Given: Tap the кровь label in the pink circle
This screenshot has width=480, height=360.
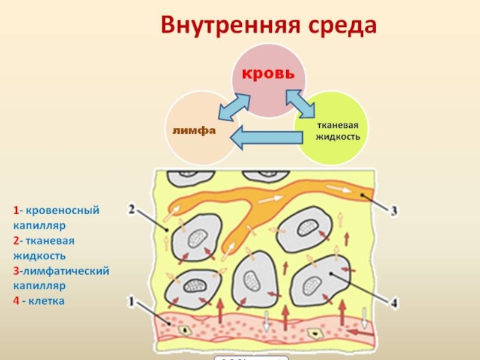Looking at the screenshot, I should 268,74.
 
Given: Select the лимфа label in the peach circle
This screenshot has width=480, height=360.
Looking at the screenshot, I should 193,130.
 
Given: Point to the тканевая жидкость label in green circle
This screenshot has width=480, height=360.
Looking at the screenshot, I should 338,131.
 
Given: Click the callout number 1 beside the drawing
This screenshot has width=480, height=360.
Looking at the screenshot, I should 131,299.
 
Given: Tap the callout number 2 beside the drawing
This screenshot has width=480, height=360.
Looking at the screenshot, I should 132,211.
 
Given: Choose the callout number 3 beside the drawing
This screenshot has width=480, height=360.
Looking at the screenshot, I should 394,211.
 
